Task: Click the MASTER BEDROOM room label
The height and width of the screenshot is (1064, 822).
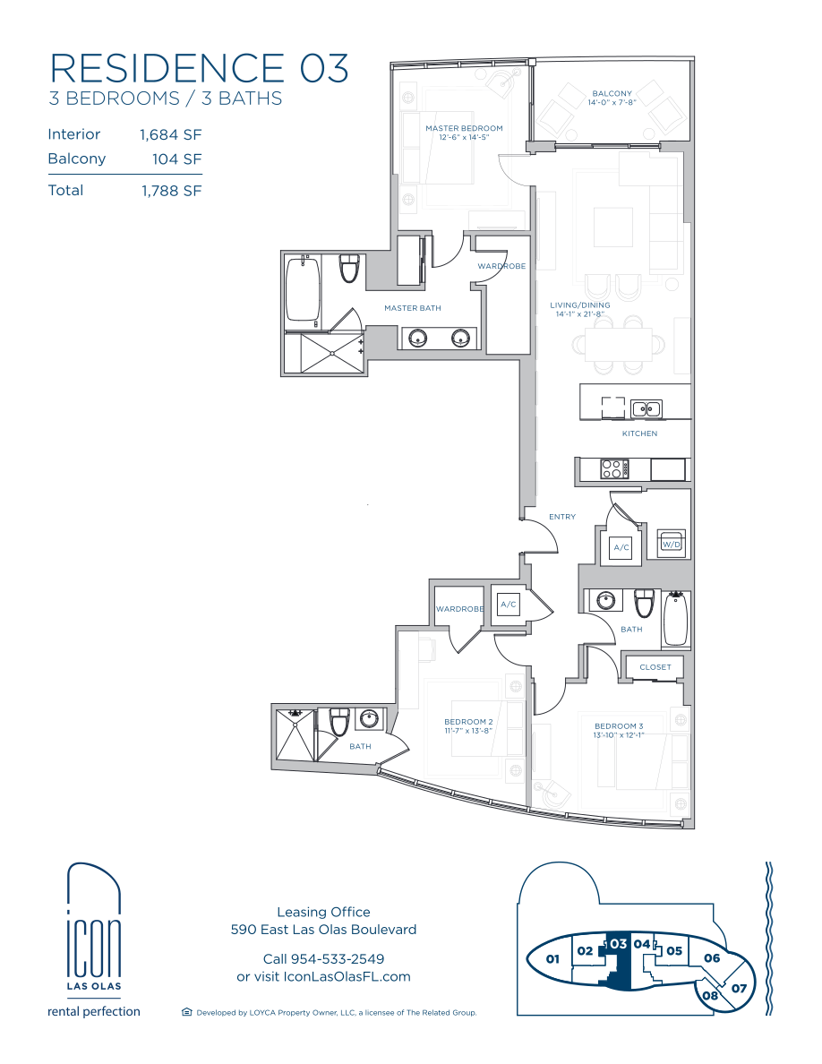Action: pos(464,128)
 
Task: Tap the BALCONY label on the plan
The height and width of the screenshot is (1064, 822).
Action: pos(612,94)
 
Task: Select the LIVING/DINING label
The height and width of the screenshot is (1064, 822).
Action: pos(580,305)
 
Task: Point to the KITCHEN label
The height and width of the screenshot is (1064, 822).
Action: pos(639,433)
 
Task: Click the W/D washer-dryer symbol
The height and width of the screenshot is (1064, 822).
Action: pos(671,545)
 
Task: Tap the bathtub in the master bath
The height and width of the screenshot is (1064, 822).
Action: pos(303,289)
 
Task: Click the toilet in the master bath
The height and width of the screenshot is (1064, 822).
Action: pos(349,268)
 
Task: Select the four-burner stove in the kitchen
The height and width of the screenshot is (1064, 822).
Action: pos(614,469)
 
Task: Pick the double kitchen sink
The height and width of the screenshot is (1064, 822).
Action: pos(646,408)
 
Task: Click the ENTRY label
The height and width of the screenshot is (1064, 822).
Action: pos(562,517)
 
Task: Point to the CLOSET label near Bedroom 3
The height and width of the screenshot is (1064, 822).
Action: pos(655,667)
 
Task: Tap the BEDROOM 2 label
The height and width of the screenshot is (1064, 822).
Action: pos(468,722)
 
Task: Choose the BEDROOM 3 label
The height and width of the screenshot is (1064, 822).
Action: pos(619,726)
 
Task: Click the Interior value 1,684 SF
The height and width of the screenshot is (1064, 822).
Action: pos(171,135)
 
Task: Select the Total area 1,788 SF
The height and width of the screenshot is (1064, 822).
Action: pos(172,192)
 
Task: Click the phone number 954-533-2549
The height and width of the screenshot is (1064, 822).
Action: pos(337,959)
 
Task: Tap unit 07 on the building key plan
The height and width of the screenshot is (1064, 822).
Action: pos(739,988)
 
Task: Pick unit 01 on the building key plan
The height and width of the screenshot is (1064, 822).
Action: pos(552,959)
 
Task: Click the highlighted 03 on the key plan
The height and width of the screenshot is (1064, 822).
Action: pos(618,944)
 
